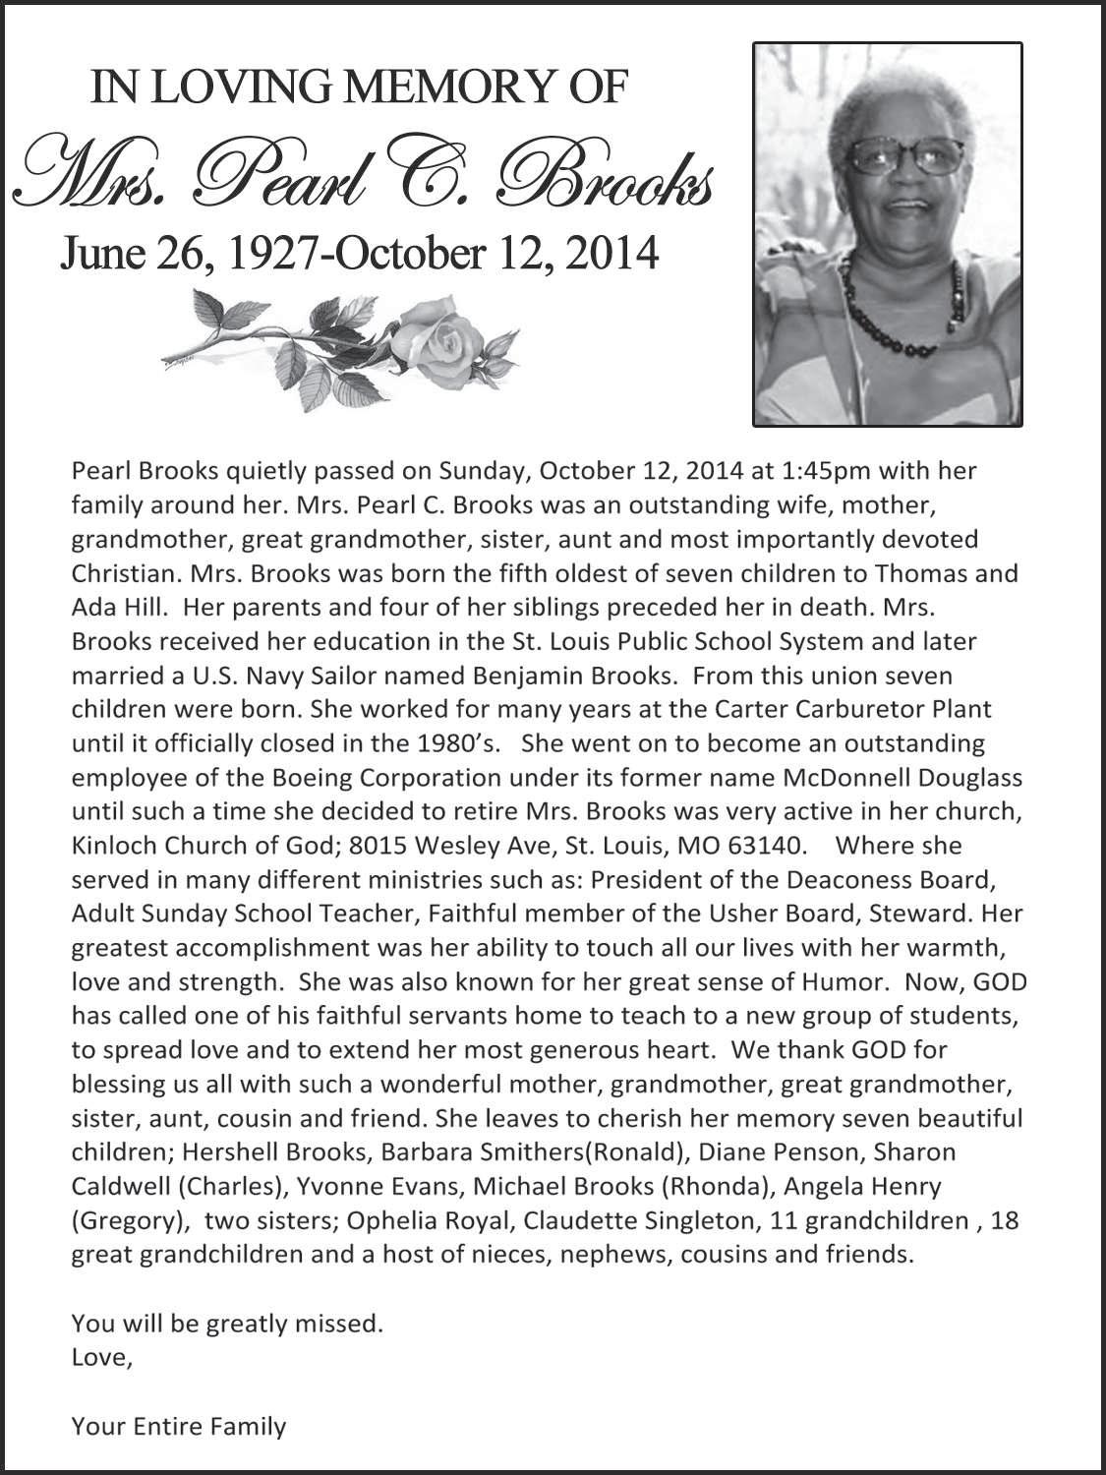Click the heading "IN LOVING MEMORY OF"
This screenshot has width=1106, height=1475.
(x=358, y=88)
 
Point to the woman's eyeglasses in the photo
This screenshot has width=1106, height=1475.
(x=904, y=157)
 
